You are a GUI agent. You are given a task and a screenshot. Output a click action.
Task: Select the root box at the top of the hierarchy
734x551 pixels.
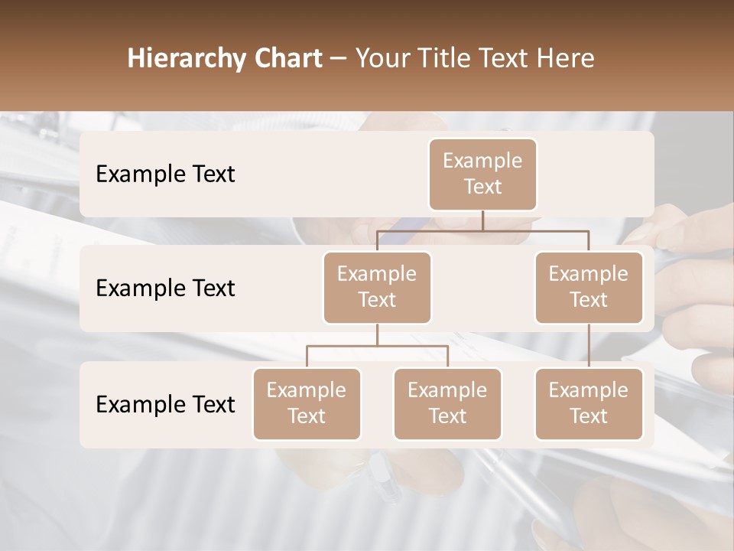click(482, 174)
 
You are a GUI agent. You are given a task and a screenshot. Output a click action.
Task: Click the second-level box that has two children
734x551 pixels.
click(377, 287)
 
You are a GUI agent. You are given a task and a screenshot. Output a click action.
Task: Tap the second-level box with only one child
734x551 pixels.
click(589, 287)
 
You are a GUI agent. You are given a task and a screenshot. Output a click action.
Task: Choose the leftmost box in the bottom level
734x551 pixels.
click(307, 403)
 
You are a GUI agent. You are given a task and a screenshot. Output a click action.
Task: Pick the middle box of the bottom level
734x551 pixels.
click(447, 403)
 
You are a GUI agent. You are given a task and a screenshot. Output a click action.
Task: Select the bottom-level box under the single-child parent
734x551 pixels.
click(589, 403)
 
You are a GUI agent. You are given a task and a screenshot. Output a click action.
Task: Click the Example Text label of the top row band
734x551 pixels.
click(165, 174)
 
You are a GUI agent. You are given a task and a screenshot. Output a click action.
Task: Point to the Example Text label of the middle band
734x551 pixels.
click(165, 288)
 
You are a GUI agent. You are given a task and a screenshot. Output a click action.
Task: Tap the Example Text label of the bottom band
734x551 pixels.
click(165, 404)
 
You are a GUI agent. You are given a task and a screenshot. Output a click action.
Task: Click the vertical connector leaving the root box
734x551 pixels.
click(482, 220)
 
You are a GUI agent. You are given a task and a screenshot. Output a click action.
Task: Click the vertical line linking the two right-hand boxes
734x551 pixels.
click(589, 346)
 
